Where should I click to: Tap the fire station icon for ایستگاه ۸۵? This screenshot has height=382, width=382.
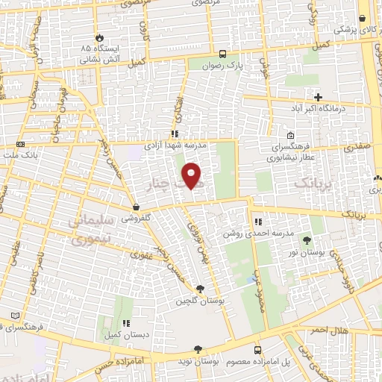pyautogui.click(x=100, y=37)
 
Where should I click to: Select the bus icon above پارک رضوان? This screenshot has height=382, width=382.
pyautogui.click(x=222, y=54)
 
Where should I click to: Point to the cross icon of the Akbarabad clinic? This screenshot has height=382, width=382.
pyautogui.click(x=319, y=97)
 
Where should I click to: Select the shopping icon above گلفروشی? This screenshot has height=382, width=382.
pyautogui.click(x=136, y=207)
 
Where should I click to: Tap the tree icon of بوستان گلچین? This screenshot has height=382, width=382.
pyautogui.click(x=199, y=289)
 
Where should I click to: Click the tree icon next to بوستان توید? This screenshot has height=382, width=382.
pyautogui.click(x=198, y=349)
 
